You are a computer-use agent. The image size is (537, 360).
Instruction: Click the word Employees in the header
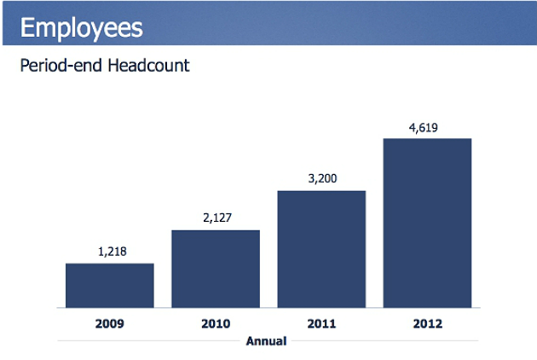pyautogui.click(x=81, y=27)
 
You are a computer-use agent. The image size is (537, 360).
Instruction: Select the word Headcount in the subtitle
pyautogui.click(x=146, y=66)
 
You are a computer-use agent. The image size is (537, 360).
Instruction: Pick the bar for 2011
pyautogui.click(x=321, y=248)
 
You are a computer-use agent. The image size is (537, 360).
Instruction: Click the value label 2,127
pyautogui.click(x=216, y=218)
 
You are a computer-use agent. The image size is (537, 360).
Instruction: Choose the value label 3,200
pyautogui.click(x=322, y=179)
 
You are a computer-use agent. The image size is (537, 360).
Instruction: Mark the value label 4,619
pyautogui.click(x=427, y=127)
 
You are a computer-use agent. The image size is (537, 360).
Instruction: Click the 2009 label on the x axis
pyautogui.click(x=110, y=323)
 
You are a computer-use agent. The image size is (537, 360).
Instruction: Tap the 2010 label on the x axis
pyautogui.click(x=216, y=323)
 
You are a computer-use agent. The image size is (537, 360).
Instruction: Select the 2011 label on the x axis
pyautogui.click(x=321, y=323)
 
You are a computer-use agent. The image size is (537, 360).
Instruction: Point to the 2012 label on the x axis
pyautogui.click(x=427, y=323)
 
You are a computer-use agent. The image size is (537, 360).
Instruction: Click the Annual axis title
pyautogui.click(x=266, y=341)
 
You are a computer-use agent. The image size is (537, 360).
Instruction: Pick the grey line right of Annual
pyautogui.click(x=384, y=341)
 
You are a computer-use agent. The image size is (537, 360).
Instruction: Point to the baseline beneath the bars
pyautogui.click(x=268, y=308)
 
